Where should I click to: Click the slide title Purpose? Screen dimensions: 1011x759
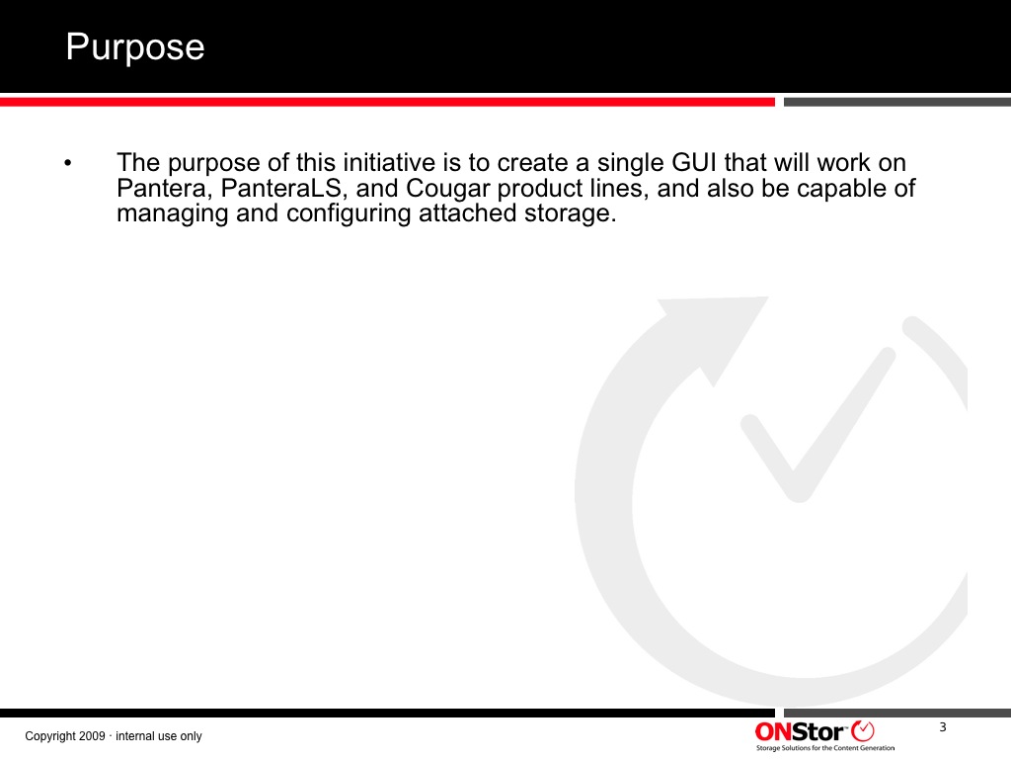[135, 47]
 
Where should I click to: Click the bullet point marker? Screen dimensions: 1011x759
[68, 163]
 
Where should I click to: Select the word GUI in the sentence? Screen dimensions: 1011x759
[694, 163]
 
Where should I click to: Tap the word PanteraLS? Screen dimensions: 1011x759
[280, 189]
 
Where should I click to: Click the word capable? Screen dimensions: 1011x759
[840, 189]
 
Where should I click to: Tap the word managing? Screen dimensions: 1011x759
[172, 214]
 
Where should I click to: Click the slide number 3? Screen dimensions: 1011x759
[943, 727]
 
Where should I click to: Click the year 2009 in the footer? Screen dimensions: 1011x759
[92, 735]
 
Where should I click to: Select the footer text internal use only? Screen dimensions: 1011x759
[159, 735]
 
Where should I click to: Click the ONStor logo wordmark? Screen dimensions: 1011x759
[800, 732]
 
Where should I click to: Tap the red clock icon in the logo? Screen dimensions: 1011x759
[863, 731]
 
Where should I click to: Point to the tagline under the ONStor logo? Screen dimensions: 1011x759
[825, 748]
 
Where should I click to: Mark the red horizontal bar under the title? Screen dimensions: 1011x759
[387, 102]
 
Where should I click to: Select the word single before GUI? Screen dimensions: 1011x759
[631, 164]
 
